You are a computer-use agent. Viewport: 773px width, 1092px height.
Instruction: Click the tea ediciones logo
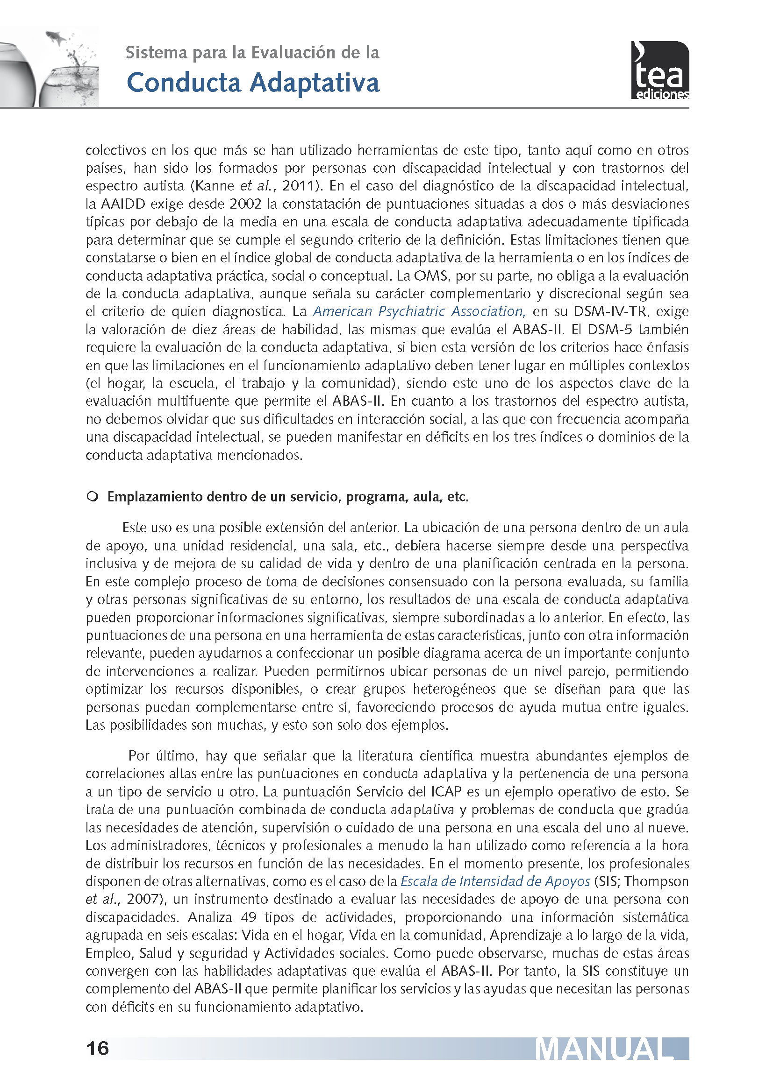click(660, 71)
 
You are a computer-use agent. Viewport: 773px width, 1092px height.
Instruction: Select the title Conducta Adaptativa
click(253, 83)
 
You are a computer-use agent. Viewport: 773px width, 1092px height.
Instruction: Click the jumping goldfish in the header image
click(56, 36)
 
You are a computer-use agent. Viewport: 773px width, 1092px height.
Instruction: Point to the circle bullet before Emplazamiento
click(92, 497)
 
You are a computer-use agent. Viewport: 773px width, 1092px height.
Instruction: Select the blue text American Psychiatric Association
click(419, 311)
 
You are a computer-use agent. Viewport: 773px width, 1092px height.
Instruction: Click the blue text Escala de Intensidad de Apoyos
click(495, 881)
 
